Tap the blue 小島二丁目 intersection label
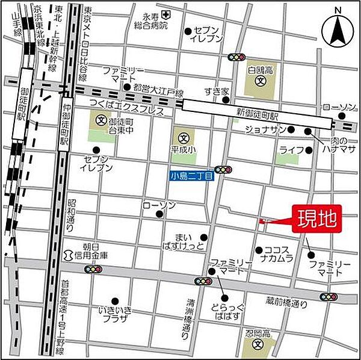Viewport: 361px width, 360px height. point(190,176)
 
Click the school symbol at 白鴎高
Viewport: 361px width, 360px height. point(260,80)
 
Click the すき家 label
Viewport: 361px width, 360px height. point(217,92)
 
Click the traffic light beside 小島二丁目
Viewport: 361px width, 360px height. point(224,170)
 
